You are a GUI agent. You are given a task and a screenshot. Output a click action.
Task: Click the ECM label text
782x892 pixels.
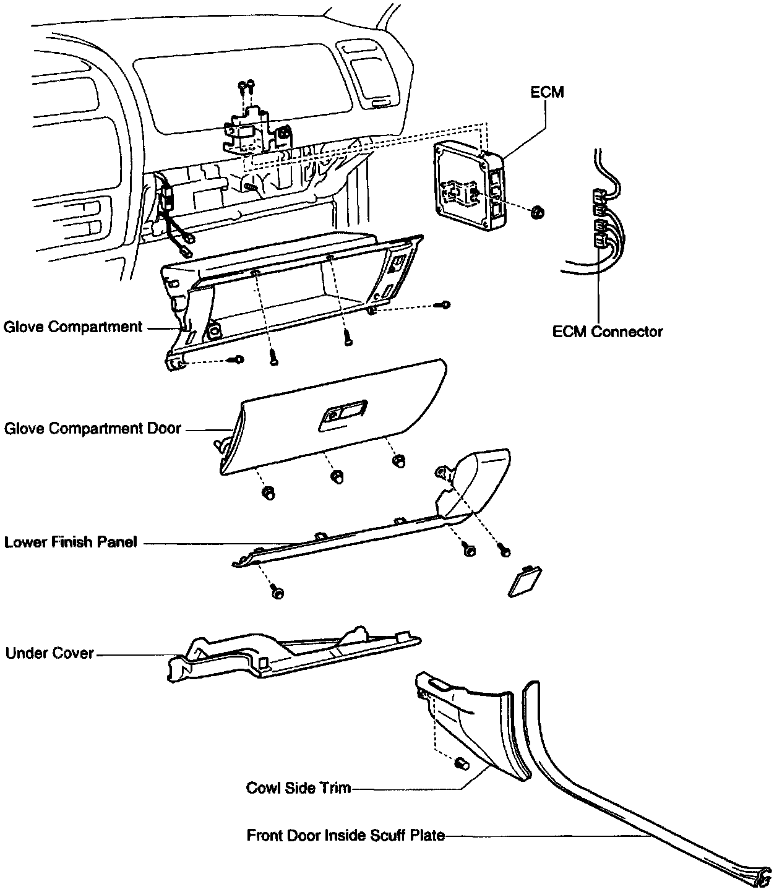pyautogui.click(x=547, y=92)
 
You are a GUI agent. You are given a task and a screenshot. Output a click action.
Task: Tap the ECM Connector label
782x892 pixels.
pyautogui.click(x=607, y=332)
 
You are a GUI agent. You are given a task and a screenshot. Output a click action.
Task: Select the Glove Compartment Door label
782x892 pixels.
pyautogui.click(x=92, y=428)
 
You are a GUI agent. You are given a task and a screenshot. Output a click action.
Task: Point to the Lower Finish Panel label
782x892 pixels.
pyautogui.click(x=71, y=542)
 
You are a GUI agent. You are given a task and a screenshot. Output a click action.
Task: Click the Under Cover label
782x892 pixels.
pyautogui.click(x=49, y=653)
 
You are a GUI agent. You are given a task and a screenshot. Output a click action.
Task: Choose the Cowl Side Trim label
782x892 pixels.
pyautogui.click(x=298, y=788)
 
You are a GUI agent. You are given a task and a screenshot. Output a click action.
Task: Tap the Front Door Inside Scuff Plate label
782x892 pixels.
pyautogui.click(x=345, y=836)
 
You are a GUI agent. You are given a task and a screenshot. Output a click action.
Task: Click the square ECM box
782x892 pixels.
pyautogui.click(x=469, y=186)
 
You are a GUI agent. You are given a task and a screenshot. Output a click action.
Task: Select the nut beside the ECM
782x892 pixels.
pyautogui.click(x=538, y=212)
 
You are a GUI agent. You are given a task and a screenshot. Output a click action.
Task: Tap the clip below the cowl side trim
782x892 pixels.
pyautogui.click(x=461, y=765)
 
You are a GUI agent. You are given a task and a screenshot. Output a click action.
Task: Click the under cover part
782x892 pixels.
pyautogui.click(x=291, y=659)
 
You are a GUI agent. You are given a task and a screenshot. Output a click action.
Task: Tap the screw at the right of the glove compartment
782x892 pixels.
pyautogui.click(x=445, y=304)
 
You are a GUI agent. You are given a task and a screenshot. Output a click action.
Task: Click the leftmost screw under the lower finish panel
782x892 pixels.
pyautogui.click(x=277, y=593)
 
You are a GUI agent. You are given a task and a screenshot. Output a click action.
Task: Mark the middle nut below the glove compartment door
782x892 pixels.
pyautogui.click(x=337, y=476)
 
